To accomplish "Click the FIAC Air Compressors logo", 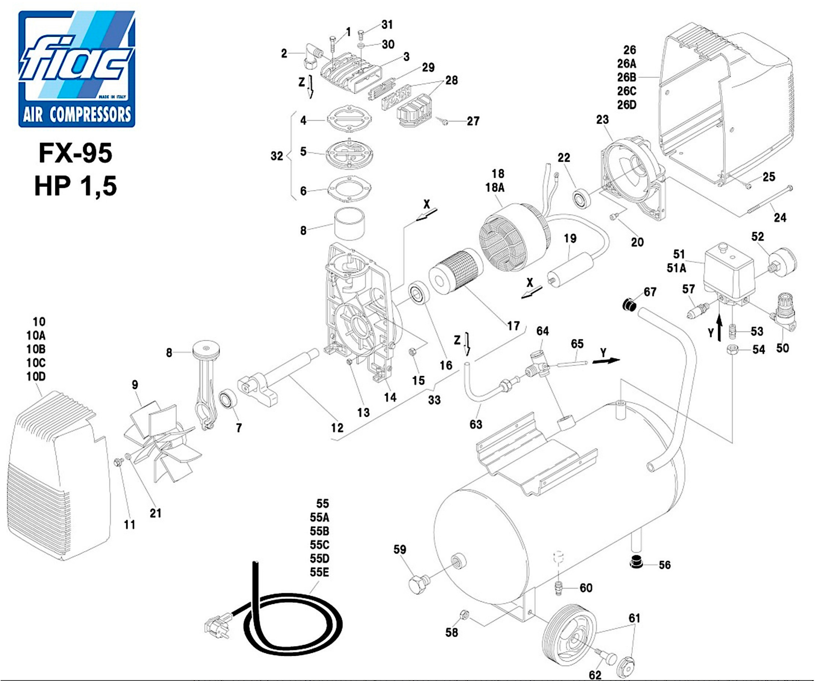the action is (x=77, y=69).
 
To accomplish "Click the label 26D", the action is (x=627, y=105).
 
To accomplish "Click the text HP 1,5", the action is (x=76, y=186).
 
